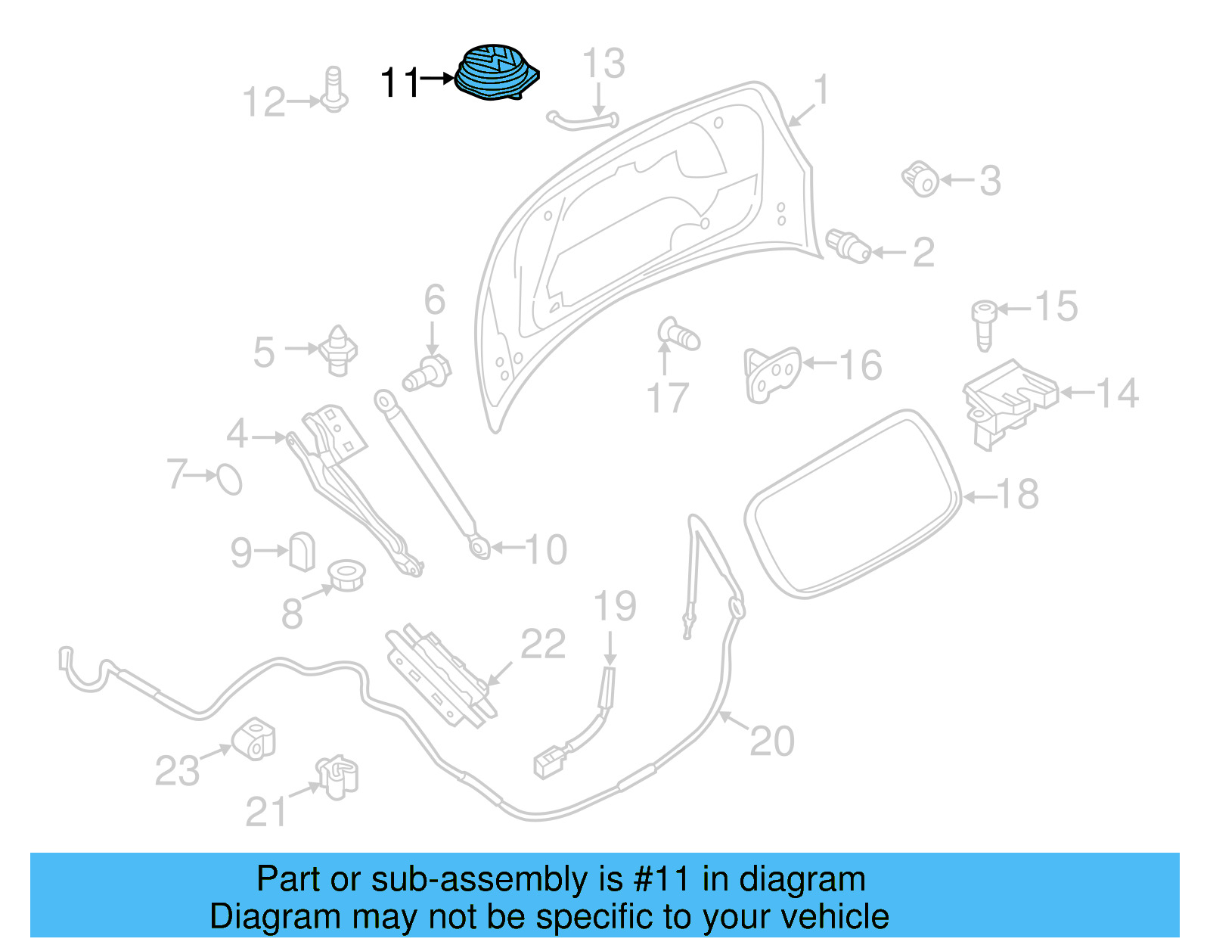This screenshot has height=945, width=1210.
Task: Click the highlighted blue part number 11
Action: [x=496, y=72]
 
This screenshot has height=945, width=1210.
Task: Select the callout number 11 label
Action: [x=399, y=82]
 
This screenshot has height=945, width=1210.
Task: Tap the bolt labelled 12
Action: [x=334, y=91]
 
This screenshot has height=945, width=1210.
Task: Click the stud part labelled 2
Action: [x=849, y=245]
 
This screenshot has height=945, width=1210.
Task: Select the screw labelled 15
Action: [x=983, y=324]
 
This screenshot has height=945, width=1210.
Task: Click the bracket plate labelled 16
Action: [x=771, y=374]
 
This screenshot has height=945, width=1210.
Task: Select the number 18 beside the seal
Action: [x=1017, y=494]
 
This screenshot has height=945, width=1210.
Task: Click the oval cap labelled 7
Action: [x=229, y=478]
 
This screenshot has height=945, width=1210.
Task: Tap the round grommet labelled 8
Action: [x=346, y=575]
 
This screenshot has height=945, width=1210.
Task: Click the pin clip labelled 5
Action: [x=338, y=350]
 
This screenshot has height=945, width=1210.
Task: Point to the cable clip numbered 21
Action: [x=337, y=778]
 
